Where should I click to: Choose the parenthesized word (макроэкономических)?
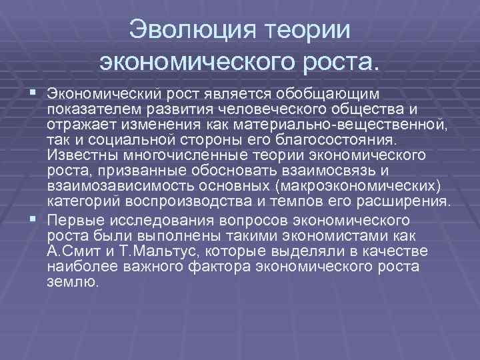pos(354,187)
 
